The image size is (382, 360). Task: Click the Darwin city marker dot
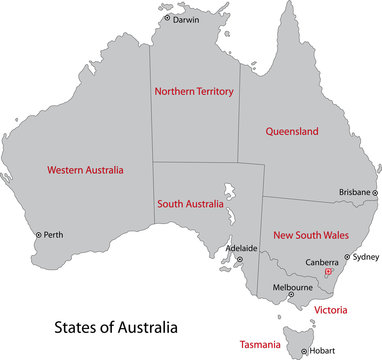(x=167, y=19)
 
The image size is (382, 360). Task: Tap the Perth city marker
(x=39, y=235)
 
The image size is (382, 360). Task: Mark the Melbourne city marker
(x=292, y=295)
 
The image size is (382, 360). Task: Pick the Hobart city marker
(x=303, y=351)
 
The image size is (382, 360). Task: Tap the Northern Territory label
(x=193, y=91)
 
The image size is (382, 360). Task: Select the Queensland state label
(x=291, y=131)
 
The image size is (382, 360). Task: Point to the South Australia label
(x=190, y=204)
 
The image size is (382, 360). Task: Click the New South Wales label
(x=311, y=235)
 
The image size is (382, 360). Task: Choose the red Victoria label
(x=331, y=311)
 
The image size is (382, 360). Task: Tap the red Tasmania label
(x=257, y=344)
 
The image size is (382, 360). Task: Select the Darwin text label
(x=186, y=19)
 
